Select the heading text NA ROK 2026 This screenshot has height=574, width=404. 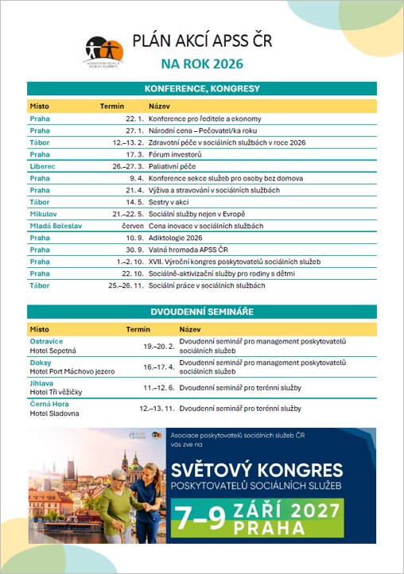202,64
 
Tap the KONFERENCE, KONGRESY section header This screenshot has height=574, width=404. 202,88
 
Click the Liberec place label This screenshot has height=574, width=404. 42,166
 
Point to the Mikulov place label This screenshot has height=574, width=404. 43,214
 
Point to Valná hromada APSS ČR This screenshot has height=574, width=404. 188,250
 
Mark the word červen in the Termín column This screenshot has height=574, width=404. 132,226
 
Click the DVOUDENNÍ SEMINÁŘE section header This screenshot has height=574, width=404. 202,312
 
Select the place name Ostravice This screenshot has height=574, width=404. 46,340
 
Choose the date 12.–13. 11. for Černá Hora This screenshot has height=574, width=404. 157,408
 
